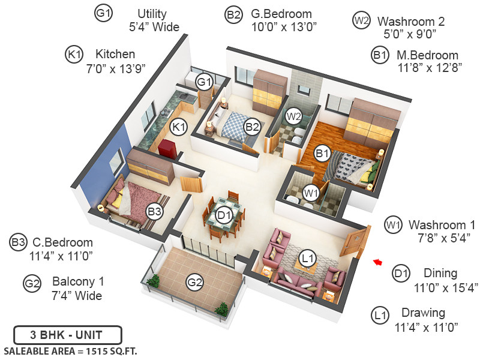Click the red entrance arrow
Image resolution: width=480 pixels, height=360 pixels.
(x=377, y=262)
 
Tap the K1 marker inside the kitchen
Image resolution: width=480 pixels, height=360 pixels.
(x=179, y=127)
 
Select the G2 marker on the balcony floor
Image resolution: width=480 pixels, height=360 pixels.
(x=194, y=282)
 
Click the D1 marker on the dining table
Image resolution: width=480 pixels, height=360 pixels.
(x=224, y=215)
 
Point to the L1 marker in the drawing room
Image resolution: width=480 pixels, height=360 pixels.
(x=307, y=259)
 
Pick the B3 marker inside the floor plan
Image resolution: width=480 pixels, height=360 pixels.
(x=155, y=211)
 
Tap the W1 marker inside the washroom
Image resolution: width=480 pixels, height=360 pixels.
(x=310, y=193)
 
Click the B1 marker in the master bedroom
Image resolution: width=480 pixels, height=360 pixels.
(x=323, y=154)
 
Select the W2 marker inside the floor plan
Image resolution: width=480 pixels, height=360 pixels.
(x=293, y=115)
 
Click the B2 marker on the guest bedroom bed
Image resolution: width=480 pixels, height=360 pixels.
(x=251, y=127)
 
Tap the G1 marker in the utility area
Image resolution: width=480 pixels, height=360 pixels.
(x=205, y=81)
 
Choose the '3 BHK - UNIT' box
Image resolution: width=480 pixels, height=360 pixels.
(x=67, y=335)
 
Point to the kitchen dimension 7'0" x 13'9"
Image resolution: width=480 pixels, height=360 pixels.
(x=116, y=68)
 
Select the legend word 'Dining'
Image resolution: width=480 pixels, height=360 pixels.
(x=440, y=273)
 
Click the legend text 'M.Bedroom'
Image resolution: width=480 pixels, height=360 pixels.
(x=427, y=55)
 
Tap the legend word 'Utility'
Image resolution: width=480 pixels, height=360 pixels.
(x=152, y=13)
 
